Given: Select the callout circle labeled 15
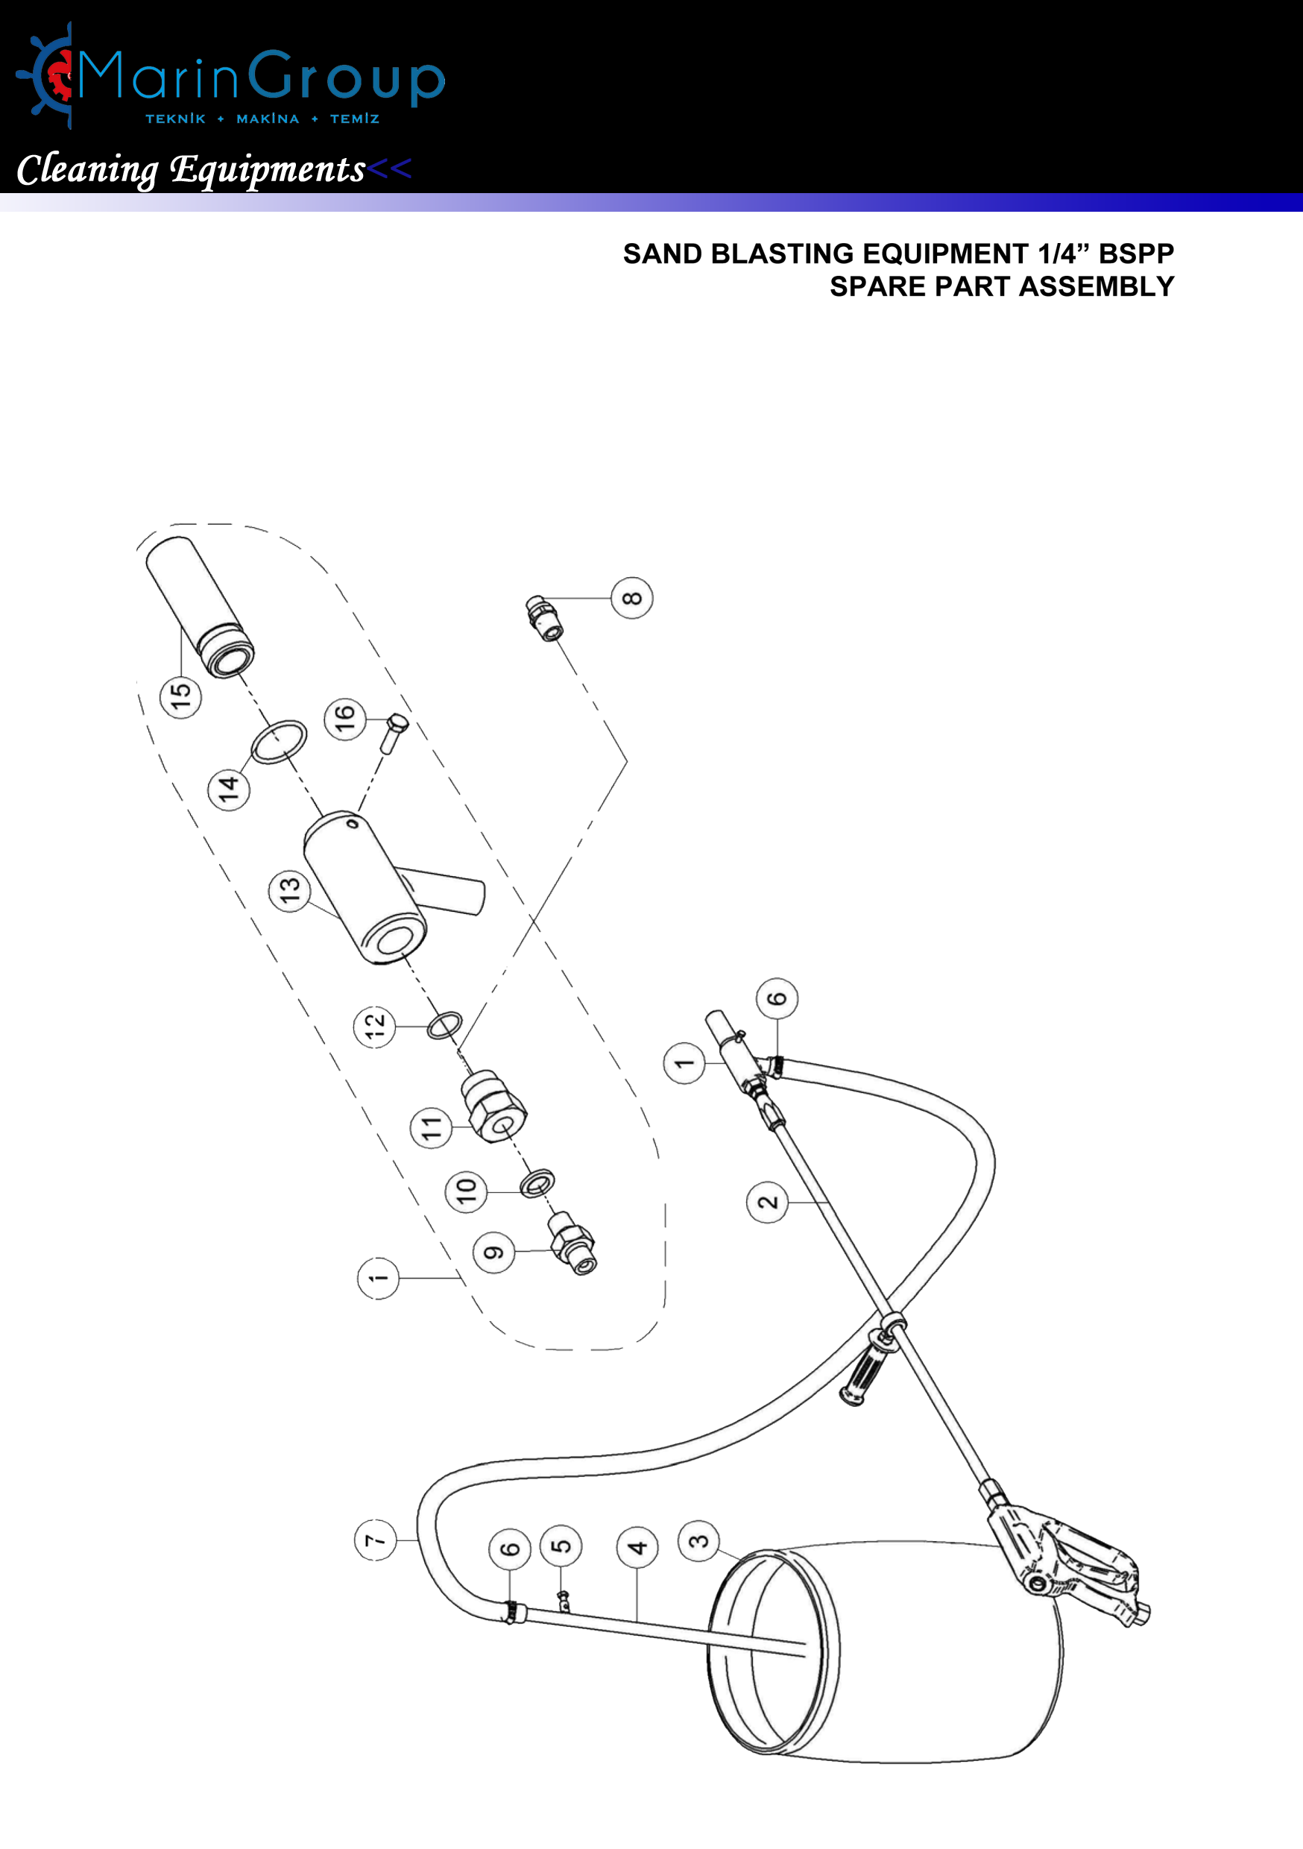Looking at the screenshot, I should (180, 696).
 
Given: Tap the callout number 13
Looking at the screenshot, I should (289, 890).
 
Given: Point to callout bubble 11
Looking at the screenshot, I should (431, 1127).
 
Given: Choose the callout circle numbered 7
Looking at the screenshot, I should (375, 1540).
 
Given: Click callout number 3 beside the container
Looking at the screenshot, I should (698, 1540).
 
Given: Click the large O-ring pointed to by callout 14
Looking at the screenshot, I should (279, 741).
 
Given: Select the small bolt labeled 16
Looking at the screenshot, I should (394, 731).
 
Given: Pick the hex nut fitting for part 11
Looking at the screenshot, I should (494, 1106).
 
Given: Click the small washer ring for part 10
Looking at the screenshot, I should (537, 1183).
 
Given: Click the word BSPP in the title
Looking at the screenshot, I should (1135, 253).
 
